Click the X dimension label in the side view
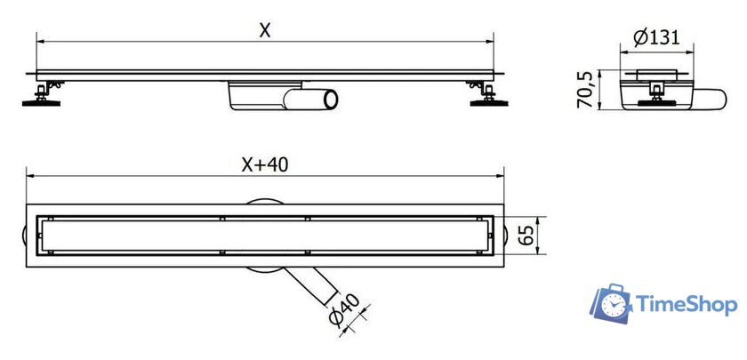point(265,30)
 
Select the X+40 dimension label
point(264,164)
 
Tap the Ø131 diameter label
point(656,36)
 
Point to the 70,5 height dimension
point(585,90)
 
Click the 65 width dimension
point(526,236)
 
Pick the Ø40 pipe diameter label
point(343,310)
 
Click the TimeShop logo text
point(686,304)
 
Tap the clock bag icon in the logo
point(611,304)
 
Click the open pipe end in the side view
point(331,100)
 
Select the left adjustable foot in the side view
point(43,94)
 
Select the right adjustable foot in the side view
point(487,94)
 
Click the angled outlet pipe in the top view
point(312,285)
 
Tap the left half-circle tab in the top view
point(24,236)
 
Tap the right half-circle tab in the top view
point(507,236)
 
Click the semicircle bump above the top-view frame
point(264,202)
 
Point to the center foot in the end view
point(656,94)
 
